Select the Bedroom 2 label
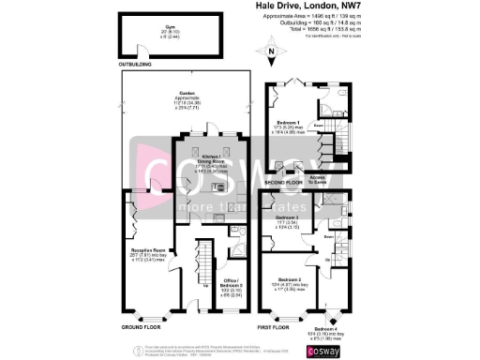coord(287,282)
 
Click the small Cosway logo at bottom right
coord(329,349)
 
